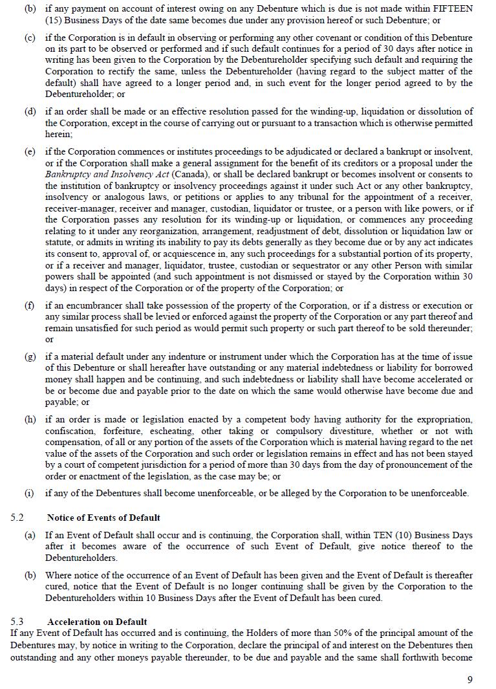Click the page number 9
(x=469, y=679)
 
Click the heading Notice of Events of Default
(x=103, y=518)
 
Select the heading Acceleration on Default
(x=97, y=622)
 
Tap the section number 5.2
(x=17, y=518)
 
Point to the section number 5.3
(x=17, y=622)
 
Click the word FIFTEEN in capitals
(x=452, y=8)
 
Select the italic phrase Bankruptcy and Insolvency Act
(x=97, y=175)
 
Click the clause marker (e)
(x=30, y=152)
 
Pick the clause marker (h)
(x=30, y=419)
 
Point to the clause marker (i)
(x=29, y=493)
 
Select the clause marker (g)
(x=30, y=356)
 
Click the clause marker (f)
(x=29, y=305)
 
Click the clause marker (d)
(x=30, y=112)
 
